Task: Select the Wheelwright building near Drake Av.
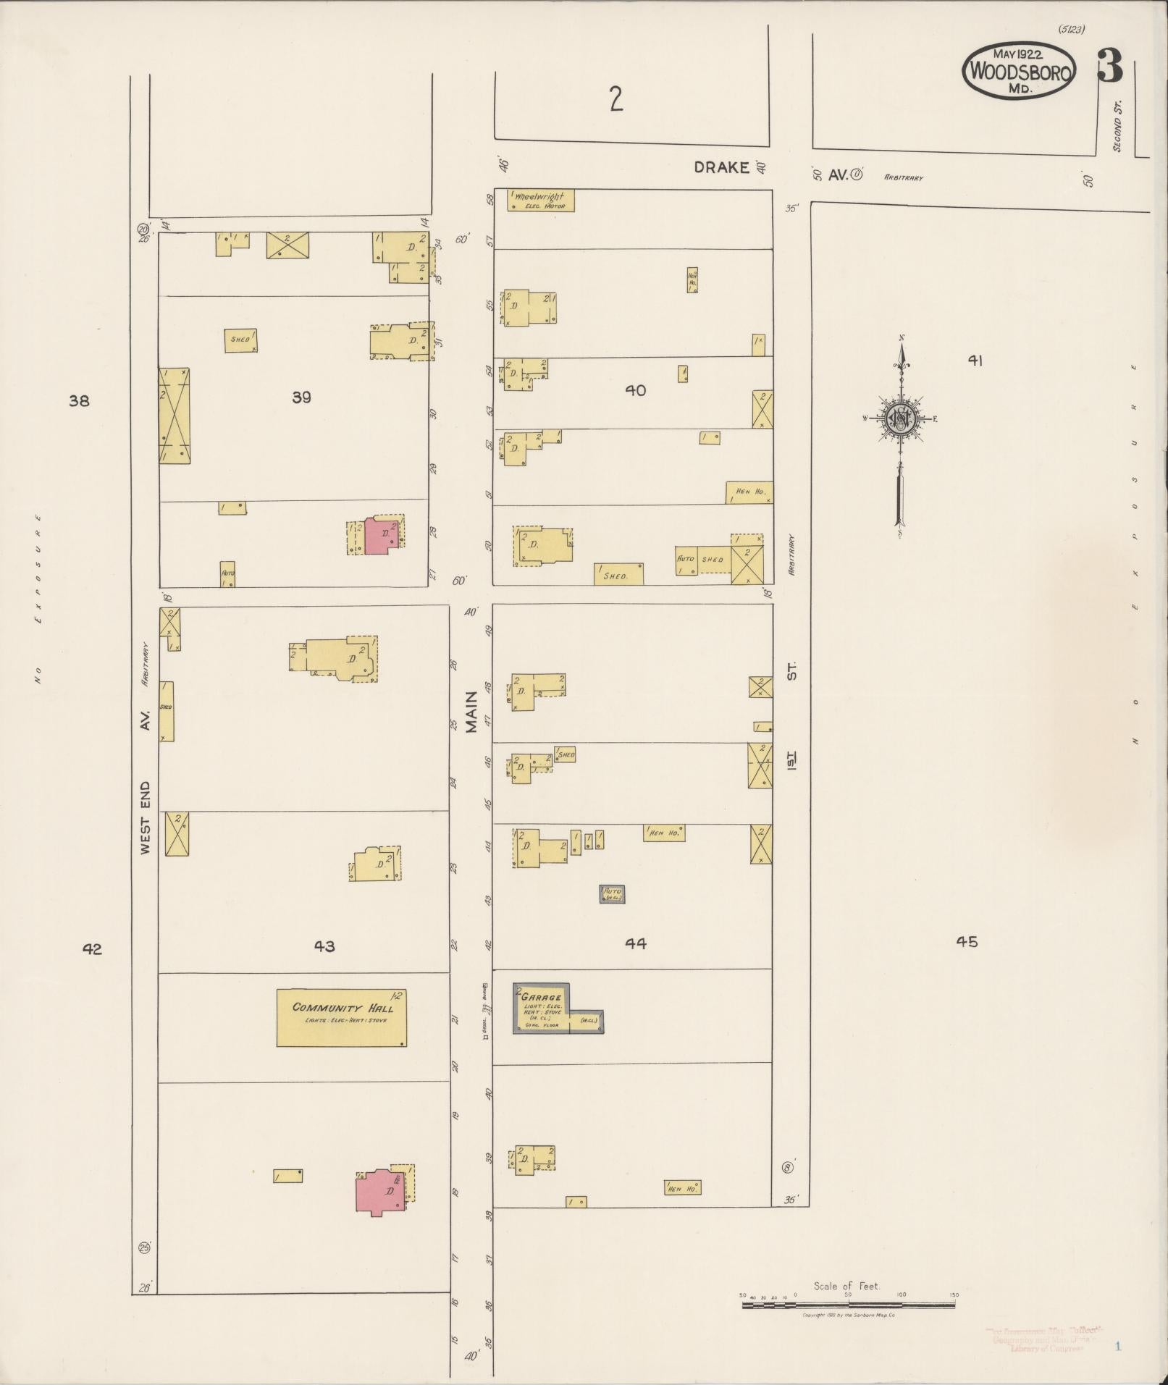[541, 200]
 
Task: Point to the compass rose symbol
[901, 420]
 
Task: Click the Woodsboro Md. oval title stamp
[1019, 70]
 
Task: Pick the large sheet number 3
[1109, 66]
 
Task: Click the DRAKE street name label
[721, 167]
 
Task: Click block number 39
[301, 397]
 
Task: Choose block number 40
[635, 390]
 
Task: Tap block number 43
[324, 946]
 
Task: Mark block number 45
[967, 941]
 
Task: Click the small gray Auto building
[612, 894]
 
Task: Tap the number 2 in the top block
[616, 99]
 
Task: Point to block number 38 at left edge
[79, 400]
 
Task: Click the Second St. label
[1117, 126]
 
